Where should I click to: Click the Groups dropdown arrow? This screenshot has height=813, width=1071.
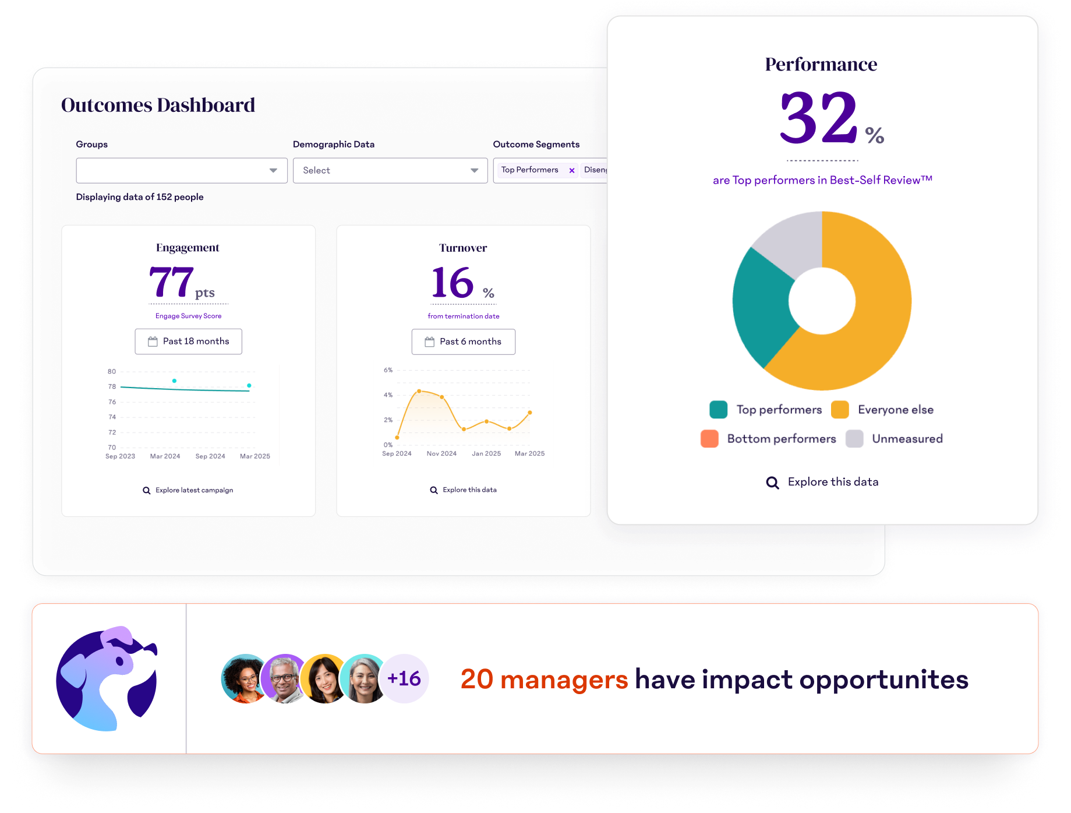tap(273, 171)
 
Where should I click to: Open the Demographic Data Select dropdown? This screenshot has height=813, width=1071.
tap(390, 171)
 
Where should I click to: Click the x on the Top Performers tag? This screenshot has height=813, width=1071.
tap(572, 171)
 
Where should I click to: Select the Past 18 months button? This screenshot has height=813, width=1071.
tap(188, 342)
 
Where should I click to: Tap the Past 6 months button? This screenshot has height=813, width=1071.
tap(463, 342)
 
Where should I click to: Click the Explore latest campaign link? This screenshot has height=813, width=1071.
tap(188, 490)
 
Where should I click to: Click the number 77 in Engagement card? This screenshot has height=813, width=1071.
tap(171, 283)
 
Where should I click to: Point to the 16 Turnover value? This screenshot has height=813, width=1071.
tap(453, 283)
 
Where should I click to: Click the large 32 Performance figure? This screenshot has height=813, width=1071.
tap(818, 118)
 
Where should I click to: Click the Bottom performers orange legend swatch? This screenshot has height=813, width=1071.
tap(709, 439)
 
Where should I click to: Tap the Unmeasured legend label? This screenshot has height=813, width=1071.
tap(907, 439)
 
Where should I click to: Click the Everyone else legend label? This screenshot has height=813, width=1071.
tap(895, 410)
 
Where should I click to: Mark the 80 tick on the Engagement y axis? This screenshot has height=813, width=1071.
tap(112, 371)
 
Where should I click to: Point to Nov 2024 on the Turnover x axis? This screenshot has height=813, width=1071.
tap(441, 453)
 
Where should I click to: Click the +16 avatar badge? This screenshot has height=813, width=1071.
tap(404, 678)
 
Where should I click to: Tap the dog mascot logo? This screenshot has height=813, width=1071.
tap(108, 678)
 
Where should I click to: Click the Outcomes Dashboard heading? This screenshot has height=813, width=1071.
tap(158, 105)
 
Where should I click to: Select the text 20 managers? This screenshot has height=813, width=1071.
tap(544, 680)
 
